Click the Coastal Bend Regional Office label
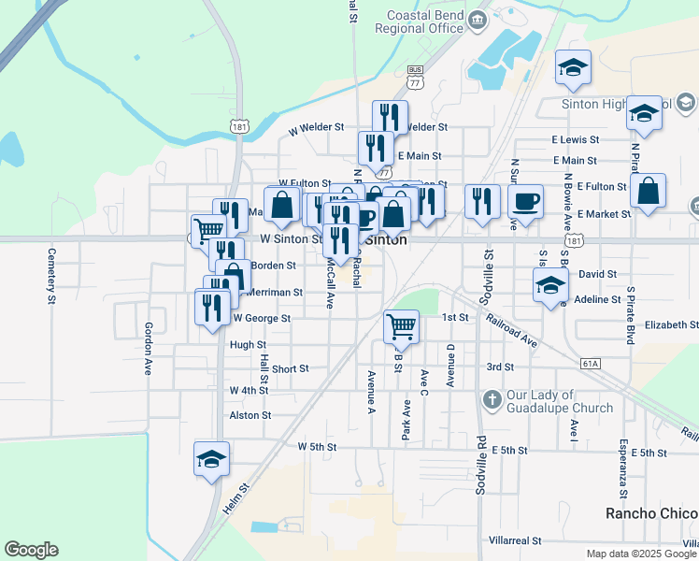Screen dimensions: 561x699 420,22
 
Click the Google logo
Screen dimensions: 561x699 31,550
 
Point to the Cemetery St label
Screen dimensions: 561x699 51,276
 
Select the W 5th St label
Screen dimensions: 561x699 317,447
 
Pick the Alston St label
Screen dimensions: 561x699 250,415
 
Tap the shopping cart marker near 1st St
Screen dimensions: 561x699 401,326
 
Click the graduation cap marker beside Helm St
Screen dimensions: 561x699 212,458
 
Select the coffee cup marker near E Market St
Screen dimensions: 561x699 526,201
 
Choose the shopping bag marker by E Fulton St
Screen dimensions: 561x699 649,191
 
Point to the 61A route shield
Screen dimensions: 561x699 590,363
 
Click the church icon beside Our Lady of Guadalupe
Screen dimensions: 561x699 492,401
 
